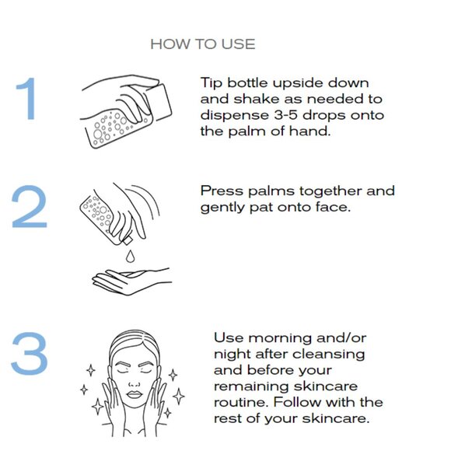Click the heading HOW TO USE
[203, 44]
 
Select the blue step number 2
[29, 207]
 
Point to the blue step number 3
[29, 353]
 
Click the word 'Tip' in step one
[212, 83]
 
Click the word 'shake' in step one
[257, 99]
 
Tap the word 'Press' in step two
[222, 191]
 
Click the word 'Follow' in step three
[297, 402]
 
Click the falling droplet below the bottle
[130, 256]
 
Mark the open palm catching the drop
[131, 281]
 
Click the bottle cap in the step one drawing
[159, 102]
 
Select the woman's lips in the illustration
[135, 394]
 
